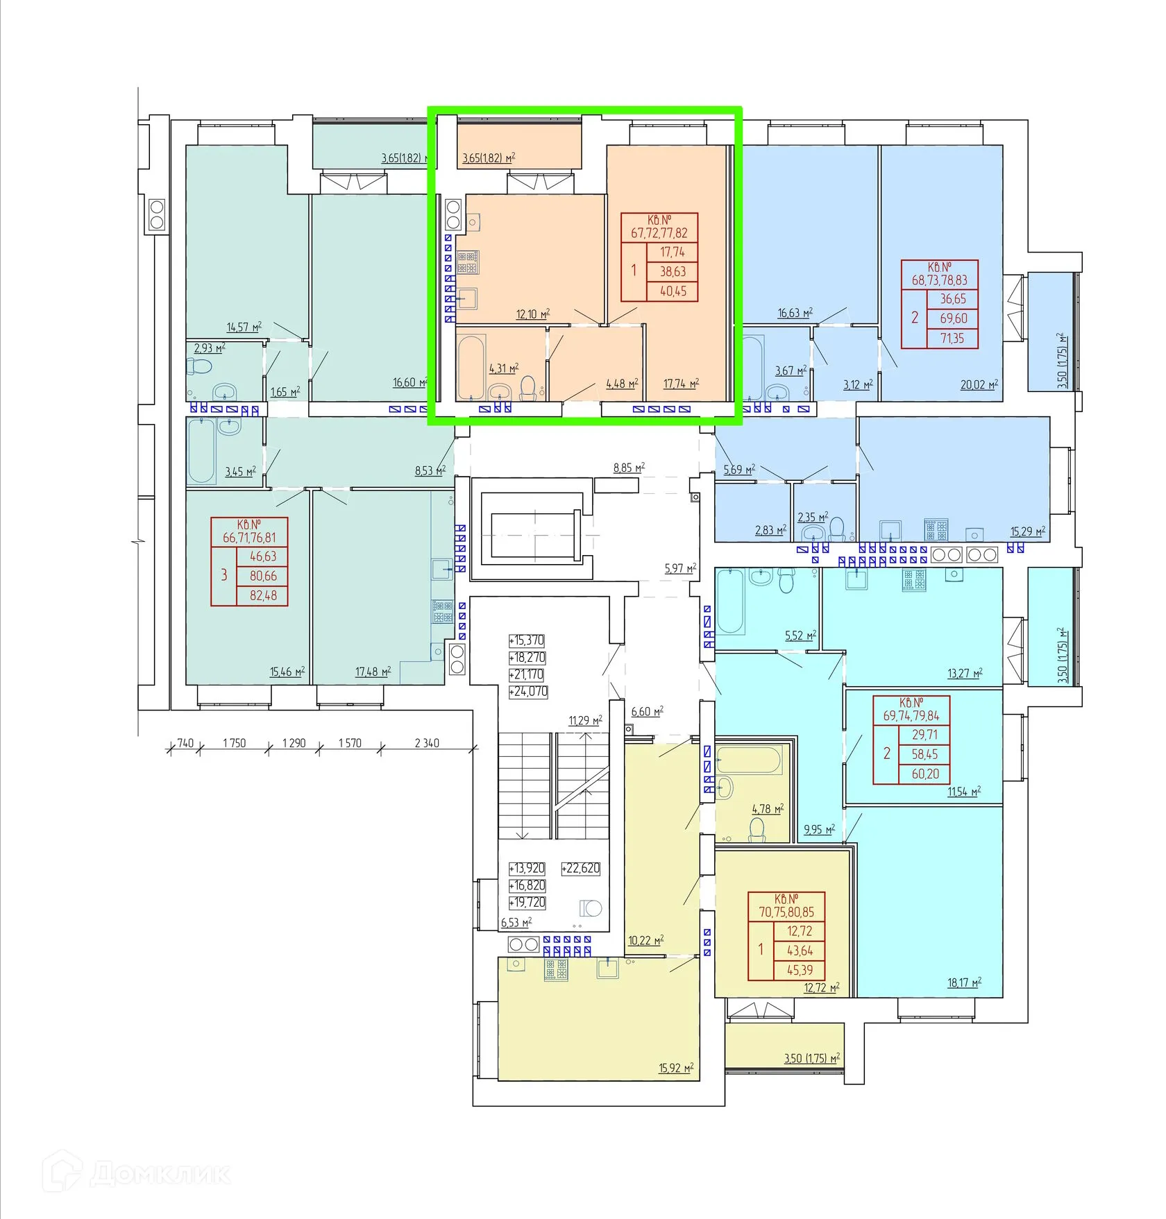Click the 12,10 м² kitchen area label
(533, 314)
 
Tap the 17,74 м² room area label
(681, 384)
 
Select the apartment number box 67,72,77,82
(659, 228)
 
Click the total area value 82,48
(263, 595)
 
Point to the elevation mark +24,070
(528, 692)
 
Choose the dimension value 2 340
(427, 743)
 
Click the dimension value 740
(185, 743)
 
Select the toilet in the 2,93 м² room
(201, 366)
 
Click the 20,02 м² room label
(979, 384)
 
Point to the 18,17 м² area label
(965, 983)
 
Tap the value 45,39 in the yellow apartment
(800, 970)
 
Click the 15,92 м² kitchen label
(676, 1068)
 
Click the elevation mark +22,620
(581, 869)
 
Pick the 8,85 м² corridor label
(629, 468)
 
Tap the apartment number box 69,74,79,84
(911, 710)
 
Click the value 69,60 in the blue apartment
(954, 318)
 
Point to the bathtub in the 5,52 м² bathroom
(730, 601)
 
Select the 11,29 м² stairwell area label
(585, 721)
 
